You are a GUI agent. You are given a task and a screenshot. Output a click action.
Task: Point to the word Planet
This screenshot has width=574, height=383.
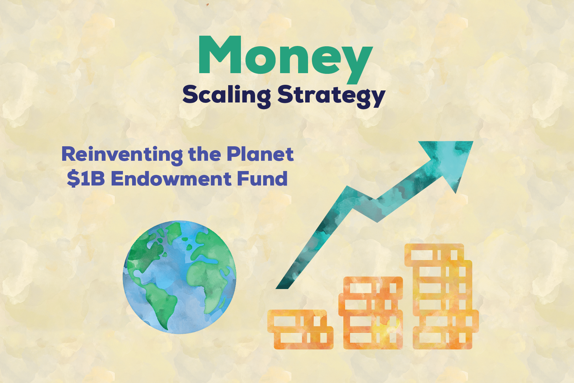coord(260,154)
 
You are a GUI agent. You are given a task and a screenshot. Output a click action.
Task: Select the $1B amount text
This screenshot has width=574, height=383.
coord(86,179)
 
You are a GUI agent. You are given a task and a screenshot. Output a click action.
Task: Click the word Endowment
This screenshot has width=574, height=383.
coord(171,179)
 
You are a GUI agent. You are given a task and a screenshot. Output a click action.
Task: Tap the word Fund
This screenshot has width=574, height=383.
coord(262,179)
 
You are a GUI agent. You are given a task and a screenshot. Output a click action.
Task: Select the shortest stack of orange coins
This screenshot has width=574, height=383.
coord(300,329)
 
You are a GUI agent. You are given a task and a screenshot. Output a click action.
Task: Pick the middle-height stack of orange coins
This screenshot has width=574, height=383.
coord(371,313)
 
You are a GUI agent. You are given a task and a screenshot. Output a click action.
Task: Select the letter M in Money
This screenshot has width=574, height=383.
coord(220,54)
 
